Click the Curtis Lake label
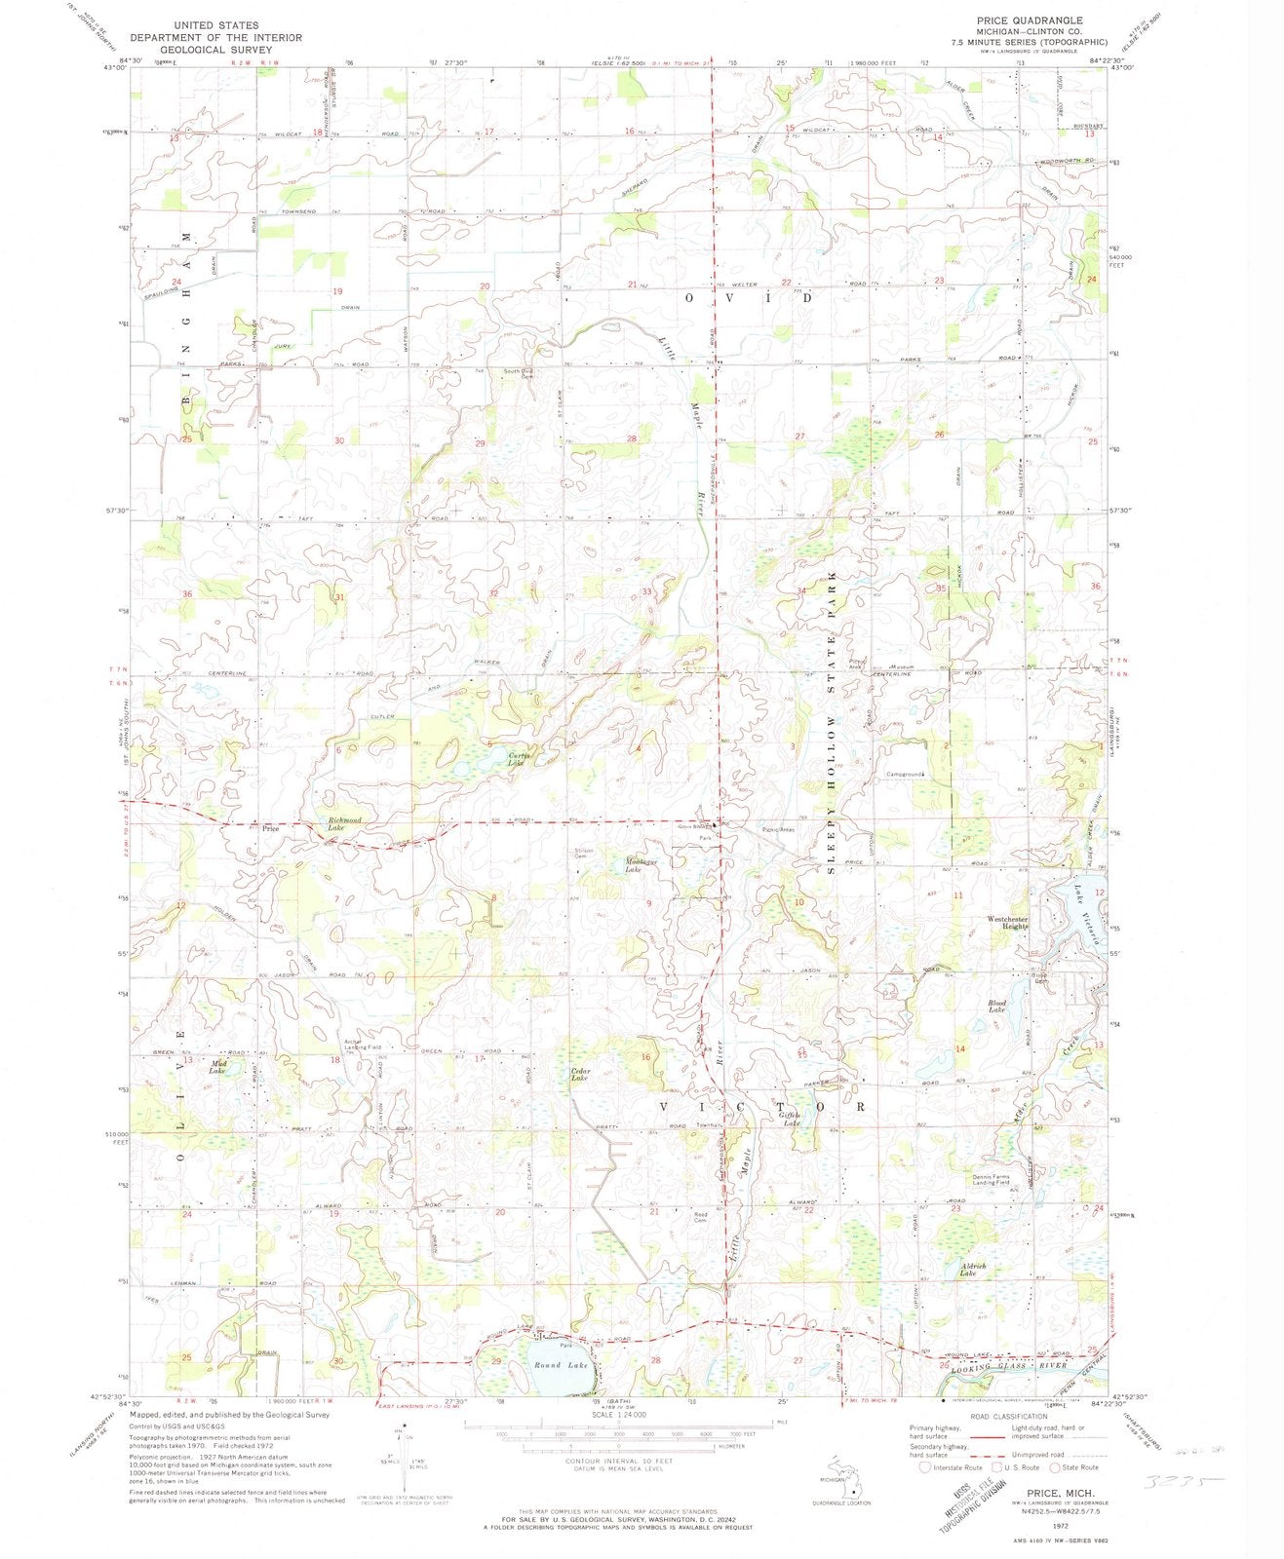[518, 759]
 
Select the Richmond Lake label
[344, 824]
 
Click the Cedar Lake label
[580, 1076]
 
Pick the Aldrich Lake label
[973, 1270]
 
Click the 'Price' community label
[272, 829]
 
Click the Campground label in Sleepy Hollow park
[905, 776]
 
